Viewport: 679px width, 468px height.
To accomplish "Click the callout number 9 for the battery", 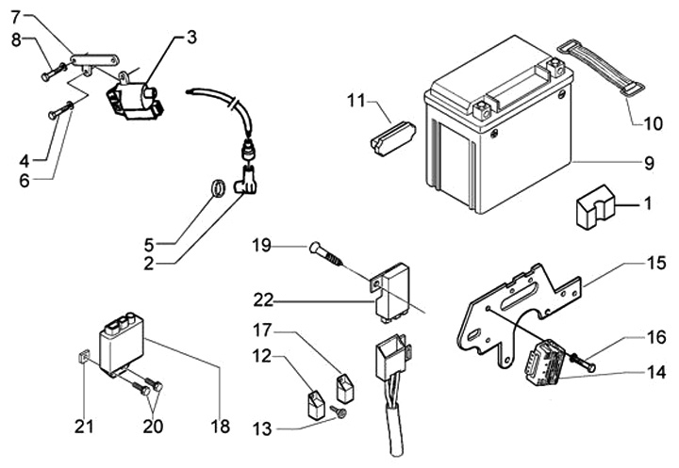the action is pos(649,164).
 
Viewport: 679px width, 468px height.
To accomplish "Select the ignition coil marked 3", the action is pos(135,100).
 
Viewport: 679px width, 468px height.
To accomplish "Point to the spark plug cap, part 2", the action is pos(245,182).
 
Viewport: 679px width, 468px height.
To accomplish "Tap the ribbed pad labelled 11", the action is pos(392,135).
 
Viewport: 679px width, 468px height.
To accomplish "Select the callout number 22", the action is pos(263,299).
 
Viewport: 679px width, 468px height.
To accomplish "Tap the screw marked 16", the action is pos(584,363).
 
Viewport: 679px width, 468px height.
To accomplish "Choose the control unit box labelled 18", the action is pos(122,345).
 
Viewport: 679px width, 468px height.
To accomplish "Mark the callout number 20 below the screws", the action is pos(154,427).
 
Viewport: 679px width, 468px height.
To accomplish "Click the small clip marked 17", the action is pos(346,388).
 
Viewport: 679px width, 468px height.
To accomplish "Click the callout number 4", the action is pos(25,161).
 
